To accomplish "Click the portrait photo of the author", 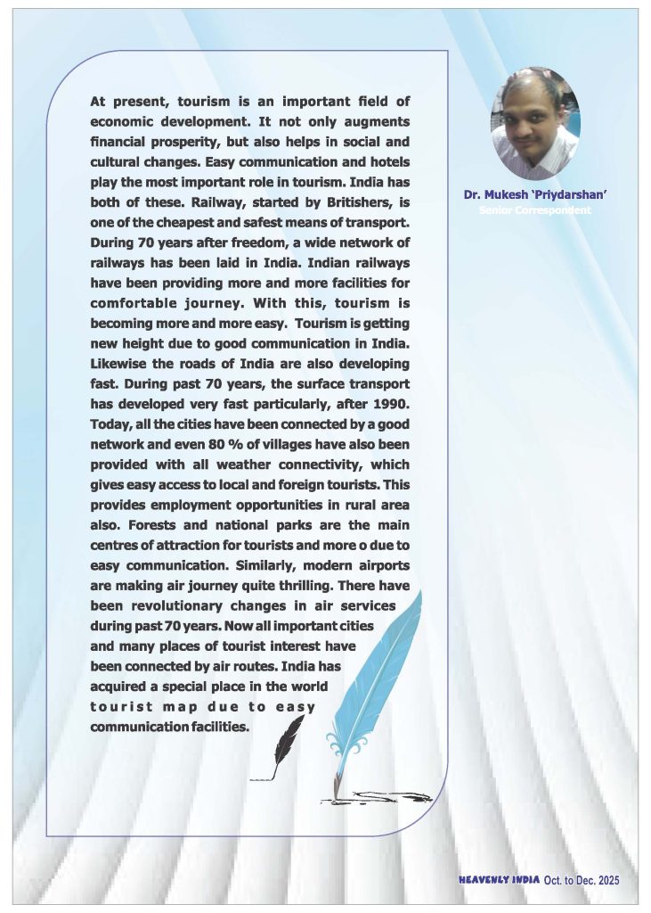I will (x=535, y=122).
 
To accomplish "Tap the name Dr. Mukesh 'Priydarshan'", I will (x=535, y=194).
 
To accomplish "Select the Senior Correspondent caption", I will (x=535, y=210).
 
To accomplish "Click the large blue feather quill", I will (x=374, y=678).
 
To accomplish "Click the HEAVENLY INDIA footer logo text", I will (x=499, y=879).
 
